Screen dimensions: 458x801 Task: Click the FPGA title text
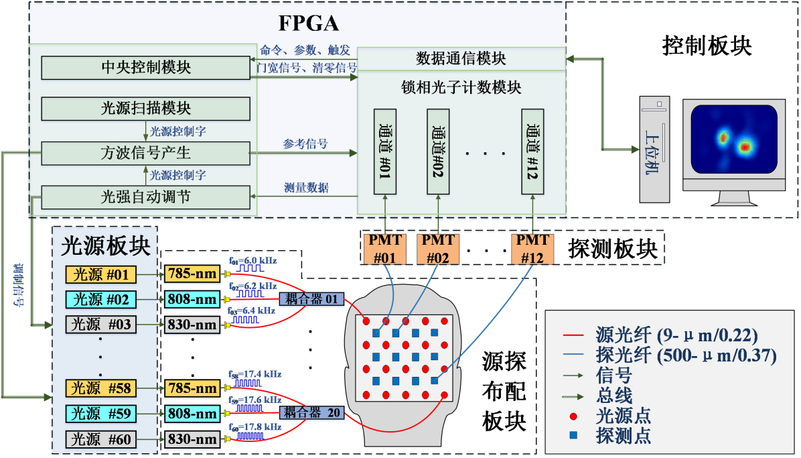pos(309,23)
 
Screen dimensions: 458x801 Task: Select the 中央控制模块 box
pos(145,68)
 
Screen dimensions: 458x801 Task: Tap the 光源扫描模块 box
pos(145,109)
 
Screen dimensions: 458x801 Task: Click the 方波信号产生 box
pos(145,153)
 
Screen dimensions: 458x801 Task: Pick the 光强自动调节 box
pos(145,197)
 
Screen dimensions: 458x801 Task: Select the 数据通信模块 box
pos(461,59)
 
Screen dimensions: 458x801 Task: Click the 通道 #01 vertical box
pos(385,151)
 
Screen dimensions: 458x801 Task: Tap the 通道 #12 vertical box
pos(533,151)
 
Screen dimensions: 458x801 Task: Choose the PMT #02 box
pos(438,249)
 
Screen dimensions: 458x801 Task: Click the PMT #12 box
pos(533,249)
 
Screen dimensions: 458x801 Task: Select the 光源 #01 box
pos(100,274)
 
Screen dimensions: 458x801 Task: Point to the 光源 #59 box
pos(100,414)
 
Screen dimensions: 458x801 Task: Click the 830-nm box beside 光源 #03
pos(192,325)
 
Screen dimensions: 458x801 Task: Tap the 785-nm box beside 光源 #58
pos(192,388)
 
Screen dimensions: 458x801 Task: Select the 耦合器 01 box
pos(311,299)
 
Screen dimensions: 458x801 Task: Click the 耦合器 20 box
pos(311,413)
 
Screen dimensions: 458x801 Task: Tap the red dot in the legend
pos(572,416)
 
